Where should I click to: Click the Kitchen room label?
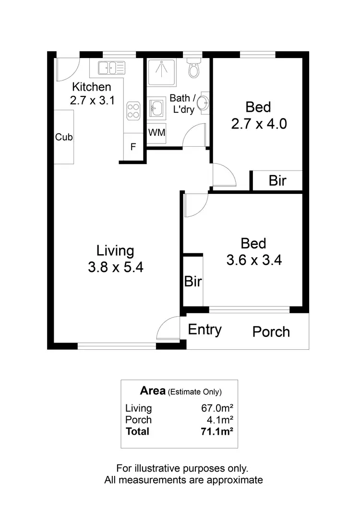click(x=91, y=87)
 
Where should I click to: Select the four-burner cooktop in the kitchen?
click(x=133, y=111)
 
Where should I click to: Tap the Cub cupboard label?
click(x=64, y=137)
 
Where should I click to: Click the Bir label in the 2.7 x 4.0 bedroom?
click(x=277, y=181)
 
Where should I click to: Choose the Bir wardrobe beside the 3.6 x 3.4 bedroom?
click(x=193, y=282)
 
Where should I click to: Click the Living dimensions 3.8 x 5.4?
click(x=116, y=267)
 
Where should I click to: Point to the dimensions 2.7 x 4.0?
click(x=259, y=124)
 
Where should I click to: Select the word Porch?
click(x=271, y=331)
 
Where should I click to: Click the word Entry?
click(x=204, y=330)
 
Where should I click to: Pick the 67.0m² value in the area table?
click(x=217, y=408)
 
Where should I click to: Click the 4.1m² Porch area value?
click(x=221, y=420)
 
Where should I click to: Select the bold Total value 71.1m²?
click(x=217, y=431)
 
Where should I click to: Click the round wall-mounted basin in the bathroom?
click(x=204, y=102)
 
